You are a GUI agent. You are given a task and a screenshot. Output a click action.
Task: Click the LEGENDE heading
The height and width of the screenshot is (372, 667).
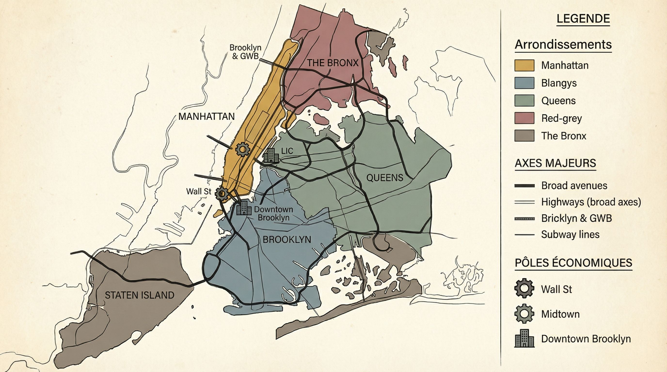583,19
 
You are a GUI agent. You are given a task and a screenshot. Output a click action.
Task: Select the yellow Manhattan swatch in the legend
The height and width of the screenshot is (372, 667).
524,65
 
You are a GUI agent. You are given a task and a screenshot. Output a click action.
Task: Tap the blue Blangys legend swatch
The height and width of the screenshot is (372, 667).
524,83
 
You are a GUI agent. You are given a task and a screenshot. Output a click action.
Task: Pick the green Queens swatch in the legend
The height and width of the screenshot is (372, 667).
524,101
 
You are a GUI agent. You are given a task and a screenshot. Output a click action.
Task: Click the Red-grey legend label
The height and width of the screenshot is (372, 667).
561,118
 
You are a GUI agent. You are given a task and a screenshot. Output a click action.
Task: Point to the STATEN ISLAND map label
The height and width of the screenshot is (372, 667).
139,295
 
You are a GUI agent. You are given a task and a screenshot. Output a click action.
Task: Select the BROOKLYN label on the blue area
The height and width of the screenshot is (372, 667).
287,240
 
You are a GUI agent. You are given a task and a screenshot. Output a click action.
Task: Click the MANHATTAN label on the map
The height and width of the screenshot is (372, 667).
206,117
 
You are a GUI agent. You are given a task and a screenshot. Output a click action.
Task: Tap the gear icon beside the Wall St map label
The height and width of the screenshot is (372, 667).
221,193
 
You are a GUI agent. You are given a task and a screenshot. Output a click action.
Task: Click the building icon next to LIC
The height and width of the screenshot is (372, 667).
271,155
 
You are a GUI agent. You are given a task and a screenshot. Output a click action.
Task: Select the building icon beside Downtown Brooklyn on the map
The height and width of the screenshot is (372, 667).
244,208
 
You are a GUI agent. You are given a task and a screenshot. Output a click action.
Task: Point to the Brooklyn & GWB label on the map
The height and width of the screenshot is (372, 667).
245,52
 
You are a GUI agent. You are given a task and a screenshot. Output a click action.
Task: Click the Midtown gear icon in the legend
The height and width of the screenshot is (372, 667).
524,314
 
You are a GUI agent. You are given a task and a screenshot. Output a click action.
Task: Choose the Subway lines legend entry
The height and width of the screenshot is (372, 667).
570,234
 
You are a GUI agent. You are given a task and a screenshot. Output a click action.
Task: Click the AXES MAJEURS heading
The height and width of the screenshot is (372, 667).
555,163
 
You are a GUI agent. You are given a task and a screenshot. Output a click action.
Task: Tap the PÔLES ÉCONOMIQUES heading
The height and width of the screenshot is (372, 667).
573,263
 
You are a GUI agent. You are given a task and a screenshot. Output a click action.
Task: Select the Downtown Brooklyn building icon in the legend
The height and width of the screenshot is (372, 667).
524,338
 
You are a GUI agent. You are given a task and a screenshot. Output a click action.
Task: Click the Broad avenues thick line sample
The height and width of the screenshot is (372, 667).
524,186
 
